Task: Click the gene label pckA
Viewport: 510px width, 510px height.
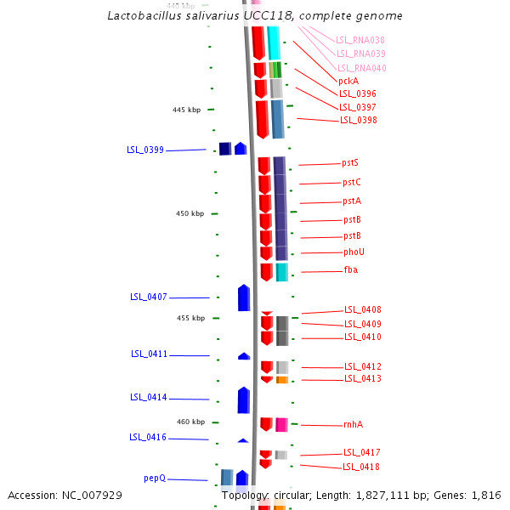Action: (x=348, y=81)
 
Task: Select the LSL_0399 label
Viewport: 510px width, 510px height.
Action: (x=145, y=150)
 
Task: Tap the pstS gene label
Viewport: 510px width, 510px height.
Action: (x=350, y=162)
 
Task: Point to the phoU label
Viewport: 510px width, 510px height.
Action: (x=354, y=252)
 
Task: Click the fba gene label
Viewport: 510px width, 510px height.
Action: (x=350, y=269)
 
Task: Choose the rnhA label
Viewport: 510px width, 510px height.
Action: (x=353, y=424)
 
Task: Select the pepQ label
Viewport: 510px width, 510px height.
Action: (x=154, y=479)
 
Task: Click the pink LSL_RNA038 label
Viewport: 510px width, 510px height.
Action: (x=360, y=40)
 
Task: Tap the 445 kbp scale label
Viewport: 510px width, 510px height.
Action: (x=186, y=110)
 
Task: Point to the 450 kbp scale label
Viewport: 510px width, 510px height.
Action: (x=190, y=213)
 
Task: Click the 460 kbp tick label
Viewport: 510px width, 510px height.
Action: (x=190, y=422)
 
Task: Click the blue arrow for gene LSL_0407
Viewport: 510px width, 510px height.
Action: (x=244, y=297)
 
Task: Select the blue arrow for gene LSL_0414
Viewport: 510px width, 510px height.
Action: (x=243, y=399)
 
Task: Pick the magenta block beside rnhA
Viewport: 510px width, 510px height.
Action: (x=281, y=424)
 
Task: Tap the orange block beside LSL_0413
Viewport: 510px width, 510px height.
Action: (x=281, y=380)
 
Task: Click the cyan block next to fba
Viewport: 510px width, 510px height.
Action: (x=281, y=271)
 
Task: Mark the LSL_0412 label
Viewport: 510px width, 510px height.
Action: (x=362, y=366)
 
